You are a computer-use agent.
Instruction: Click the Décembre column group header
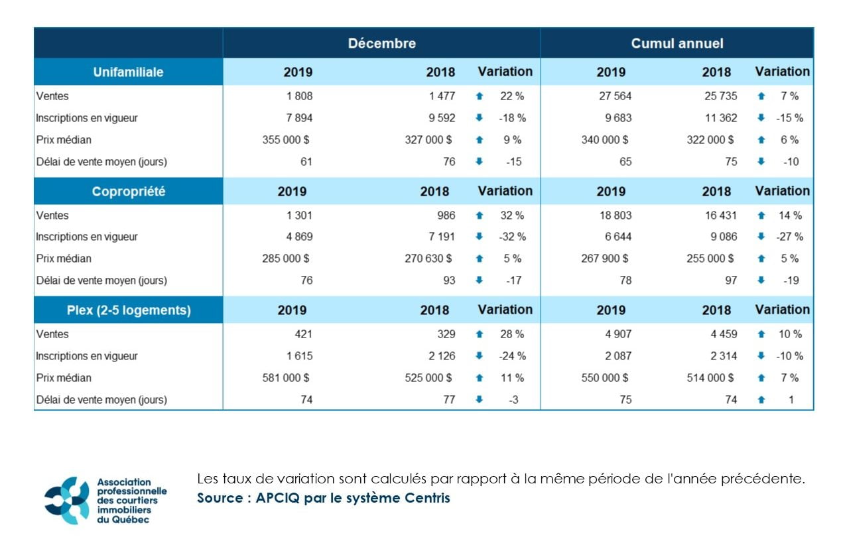[381, 44]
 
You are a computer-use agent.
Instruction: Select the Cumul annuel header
[677, 44]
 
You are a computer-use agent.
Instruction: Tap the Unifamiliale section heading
[128, 72]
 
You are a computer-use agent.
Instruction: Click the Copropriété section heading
[128, 191]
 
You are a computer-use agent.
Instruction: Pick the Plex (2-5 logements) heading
[128, 310]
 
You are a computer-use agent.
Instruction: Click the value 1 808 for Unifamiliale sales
[299, 96]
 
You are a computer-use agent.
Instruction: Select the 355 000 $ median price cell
[286, 140]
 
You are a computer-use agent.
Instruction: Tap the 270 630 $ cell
[428, 259]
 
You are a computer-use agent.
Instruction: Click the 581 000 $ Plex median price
[286, 378]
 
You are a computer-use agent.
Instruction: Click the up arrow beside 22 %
[480, 96]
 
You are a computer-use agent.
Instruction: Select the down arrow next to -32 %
[480, 237]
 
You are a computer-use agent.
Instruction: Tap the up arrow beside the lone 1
[761, 400]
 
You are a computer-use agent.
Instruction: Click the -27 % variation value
[789, 237]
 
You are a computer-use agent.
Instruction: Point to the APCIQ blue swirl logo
[66, 500]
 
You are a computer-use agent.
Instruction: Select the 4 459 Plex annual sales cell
[724, 334]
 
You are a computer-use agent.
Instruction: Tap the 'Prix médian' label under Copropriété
[64, 259]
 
